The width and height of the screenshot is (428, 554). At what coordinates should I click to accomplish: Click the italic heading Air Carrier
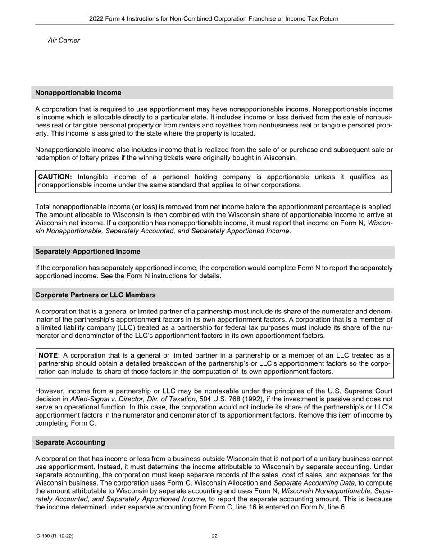64,41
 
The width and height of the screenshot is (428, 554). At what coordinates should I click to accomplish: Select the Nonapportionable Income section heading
78,93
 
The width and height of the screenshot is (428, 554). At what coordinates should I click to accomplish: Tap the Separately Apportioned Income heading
87,251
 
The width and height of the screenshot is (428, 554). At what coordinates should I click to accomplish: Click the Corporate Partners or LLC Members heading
96,295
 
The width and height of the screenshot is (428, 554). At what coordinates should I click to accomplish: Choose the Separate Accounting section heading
70,442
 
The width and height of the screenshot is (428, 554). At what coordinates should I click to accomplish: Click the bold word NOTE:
49,355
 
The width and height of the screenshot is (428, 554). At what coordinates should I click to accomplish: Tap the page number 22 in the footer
214,536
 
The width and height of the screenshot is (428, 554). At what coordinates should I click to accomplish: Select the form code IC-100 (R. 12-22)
54,536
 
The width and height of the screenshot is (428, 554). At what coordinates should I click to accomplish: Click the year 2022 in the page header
96,19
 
